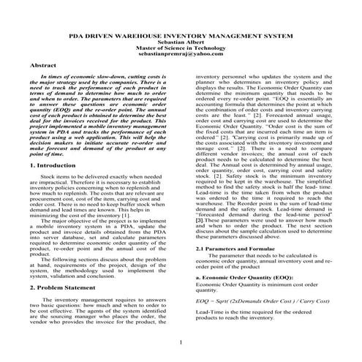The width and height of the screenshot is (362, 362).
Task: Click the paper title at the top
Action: click(x=181, y=34)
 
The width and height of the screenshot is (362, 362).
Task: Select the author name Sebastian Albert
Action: click(x=181, y=41)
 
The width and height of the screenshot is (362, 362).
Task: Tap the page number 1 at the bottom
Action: click(x=181, y=343)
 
